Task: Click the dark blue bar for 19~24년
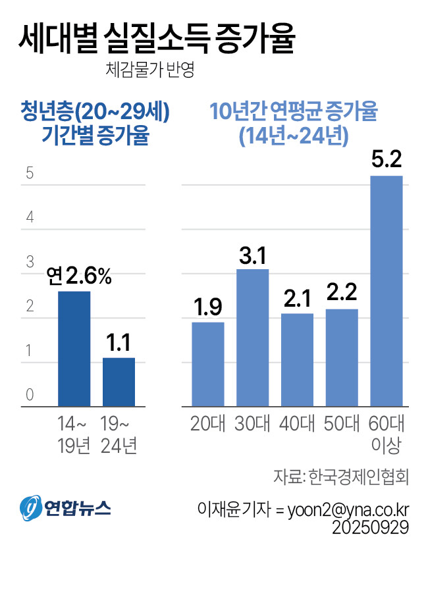coord(119,382)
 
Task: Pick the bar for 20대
coord(208,364)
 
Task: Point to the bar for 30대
coord(253,338)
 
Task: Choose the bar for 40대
coord(298,360)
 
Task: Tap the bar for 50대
coord(342,357)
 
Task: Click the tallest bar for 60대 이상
coord(387,291)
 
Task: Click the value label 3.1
coord(253,255)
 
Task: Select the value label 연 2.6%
coord(78,276)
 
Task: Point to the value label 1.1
coord(119,343)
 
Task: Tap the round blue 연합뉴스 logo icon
coord(30,507)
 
